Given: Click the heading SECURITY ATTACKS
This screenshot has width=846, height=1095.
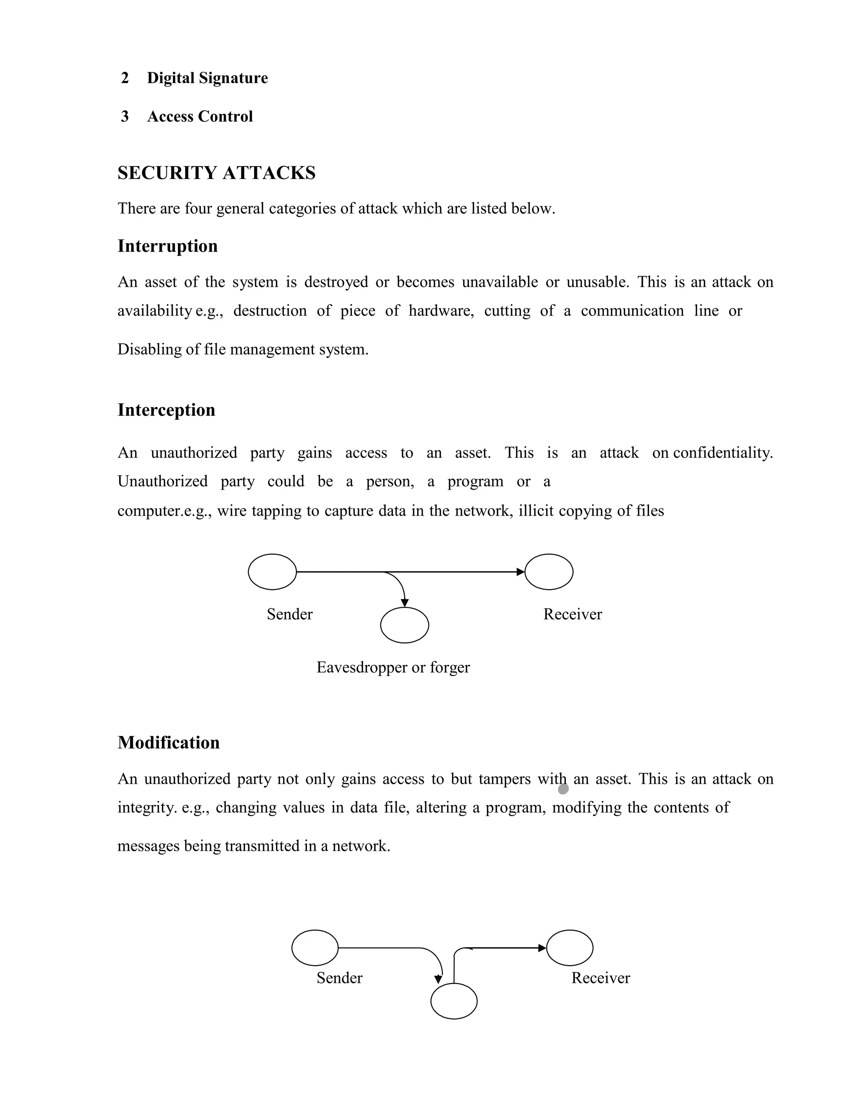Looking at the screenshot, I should (216, 173).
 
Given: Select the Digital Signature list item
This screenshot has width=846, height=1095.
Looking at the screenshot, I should (207, 78).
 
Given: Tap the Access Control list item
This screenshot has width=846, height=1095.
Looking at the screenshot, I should (200, 117).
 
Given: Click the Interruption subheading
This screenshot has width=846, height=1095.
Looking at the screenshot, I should (167, 246).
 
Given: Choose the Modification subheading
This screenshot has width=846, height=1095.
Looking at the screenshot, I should (169, 743).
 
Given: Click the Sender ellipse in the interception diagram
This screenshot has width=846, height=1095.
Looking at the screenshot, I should (272, 571).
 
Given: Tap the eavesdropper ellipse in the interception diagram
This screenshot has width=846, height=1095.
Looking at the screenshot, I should (404, 625).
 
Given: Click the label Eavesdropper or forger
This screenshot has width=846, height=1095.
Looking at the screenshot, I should (393, 667).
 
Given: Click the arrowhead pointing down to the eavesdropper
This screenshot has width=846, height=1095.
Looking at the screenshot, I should (404, 602).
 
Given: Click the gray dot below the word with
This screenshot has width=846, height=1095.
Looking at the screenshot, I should (563, 789).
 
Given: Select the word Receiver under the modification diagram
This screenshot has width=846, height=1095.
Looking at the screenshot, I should (600, 978).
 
